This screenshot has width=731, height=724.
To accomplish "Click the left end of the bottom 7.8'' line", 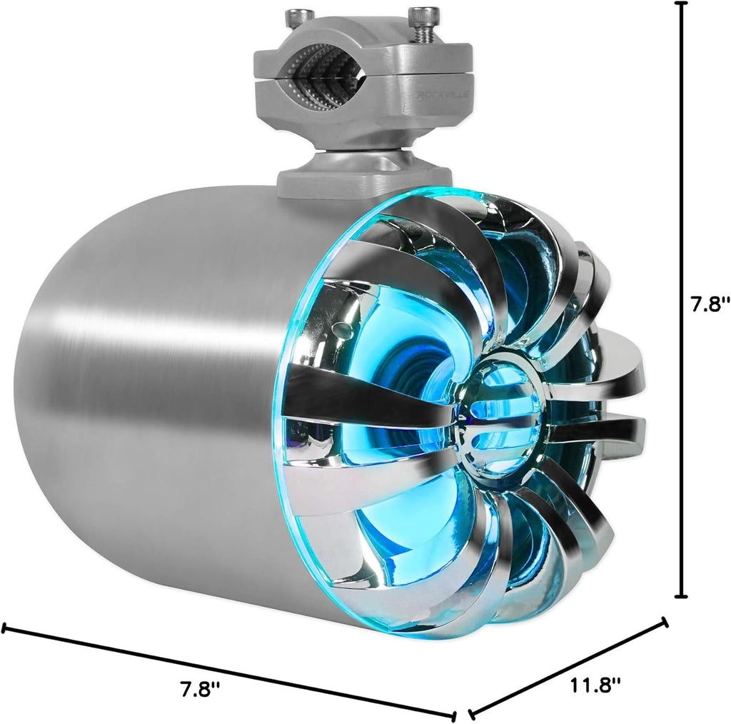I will pyautogui.click(x=4, y=628).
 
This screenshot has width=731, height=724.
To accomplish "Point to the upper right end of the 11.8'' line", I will pyautogui.click(x=665, y=622).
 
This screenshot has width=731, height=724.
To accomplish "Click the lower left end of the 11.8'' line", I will pyautogui.click(x=470, y=713).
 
